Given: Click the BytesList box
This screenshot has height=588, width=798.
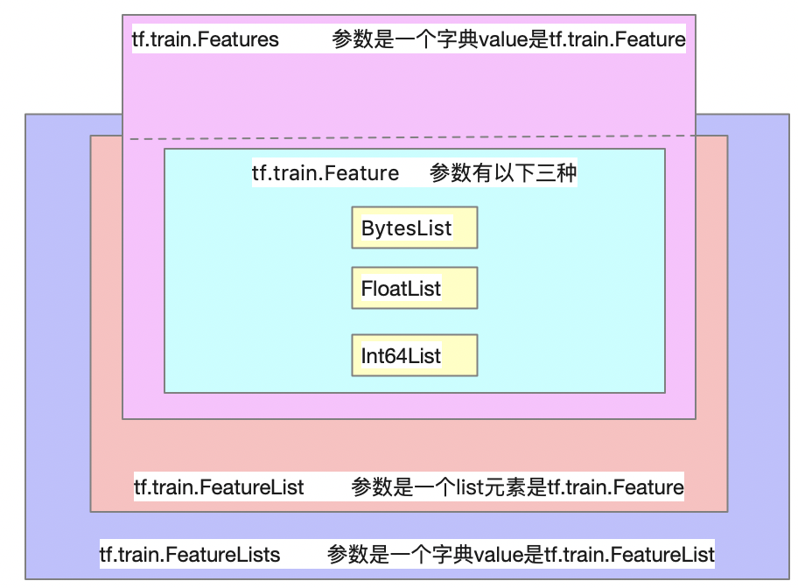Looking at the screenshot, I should pos(414,227).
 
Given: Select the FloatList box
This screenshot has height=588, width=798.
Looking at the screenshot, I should pos(414,288).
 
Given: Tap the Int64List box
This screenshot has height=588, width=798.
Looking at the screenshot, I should pos(414,355).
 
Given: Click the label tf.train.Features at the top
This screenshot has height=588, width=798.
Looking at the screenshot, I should pos(205,39).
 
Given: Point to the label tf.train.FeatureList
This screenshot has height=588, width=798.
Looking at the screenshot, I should pos(219,486).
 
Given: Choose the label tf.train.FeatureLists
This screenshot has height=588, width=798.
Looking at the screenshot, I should pos(190,555).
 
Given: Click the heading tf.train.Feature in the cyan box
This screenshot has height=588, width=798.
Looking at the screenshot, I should pos(325,173).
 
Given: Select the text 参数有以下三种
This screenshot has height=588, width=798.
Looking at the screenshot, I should pos(503,173).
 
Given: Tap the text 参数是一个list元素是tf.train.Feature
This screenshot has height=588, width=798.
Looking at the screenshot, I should pos(517,486).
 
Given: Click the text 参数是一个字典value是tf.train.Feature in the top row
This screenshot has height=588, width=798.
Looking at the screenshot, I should pos(508,39).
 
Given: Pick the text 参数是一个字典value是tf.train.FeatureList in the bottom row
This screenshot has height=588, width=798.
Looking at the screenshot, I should pos(521,555).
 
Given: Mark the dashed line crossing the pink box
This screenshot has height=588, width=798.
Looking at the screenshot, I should pos(411,137).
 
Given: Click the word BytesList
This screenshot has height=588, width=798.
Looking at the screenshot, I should pos(406,228).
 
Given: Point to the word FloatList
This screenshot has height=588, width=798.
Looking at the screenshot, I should pos(401,288).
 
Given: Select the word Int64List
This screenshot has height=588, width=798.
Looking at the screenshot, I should pos(401,356).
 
